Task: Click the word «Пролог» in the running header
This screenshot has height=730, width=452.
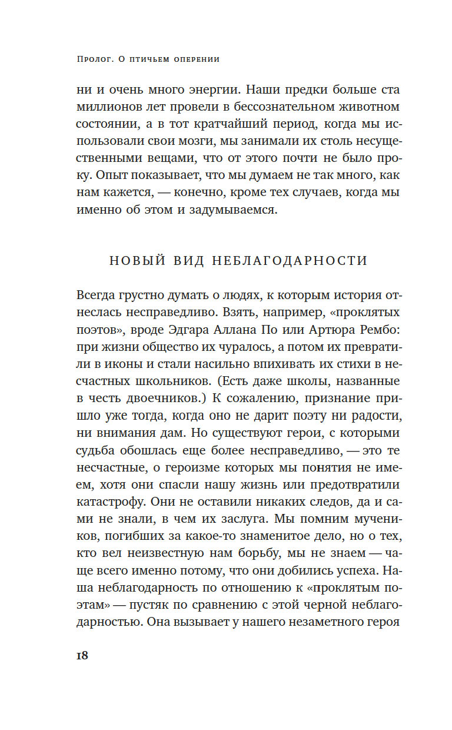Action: [x=98, y=59]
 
